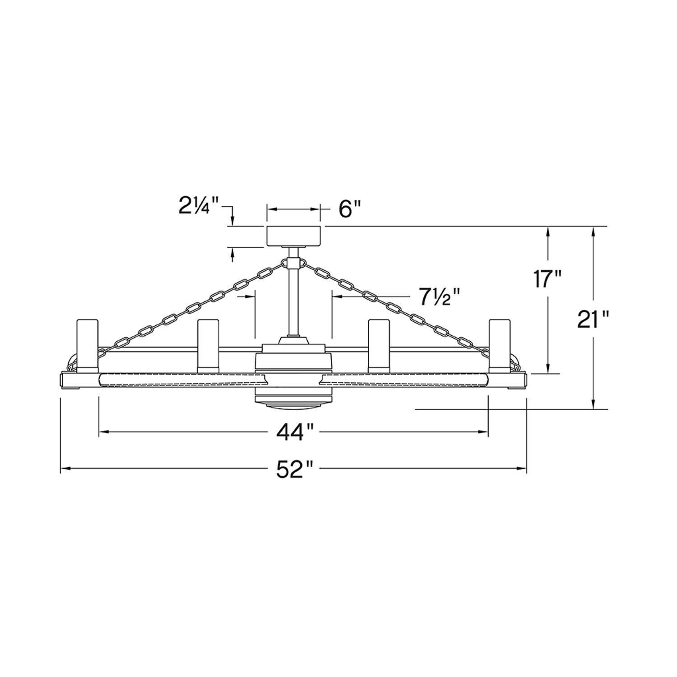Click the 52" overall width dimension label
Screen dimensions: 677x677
pyautogui.click(x=294, y=469)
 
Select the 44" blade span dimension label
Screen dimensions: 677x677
pyautogui.click(x=295, y=432)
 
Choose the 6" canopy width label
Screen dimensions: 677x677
pyautogui.click(x=350, y=209)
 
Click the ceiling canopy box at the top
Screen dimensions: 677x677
pyautogui.click(x=294, y=236)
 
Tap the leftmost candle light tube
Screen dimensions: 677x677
pyautogui.click(x=87, y=345)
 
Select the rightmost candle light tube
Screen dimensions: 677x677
pyautogui.click(x=500, y=345)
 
